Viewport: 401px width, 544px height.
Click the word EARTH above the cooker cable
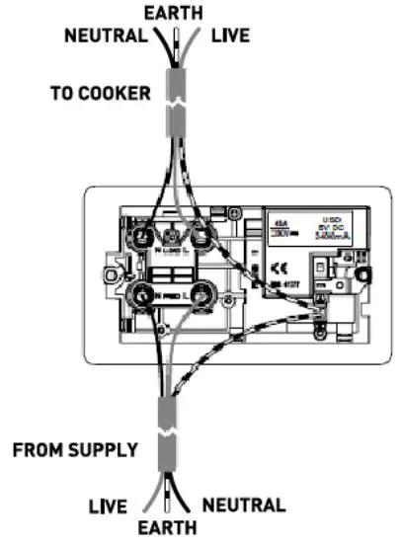tap(173, 14)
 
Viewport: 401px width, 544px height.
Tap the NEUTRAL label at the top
tap(107, 37)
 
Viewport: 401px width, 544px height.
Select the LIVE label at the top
tap(229, 37)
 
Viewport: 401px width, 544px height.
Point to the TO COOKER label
tap(102, 95)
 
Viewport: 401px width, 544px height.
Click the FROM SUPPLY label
tap(75, 451)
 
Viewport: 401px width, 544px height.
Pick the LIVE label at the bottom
tap(107, 507)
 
